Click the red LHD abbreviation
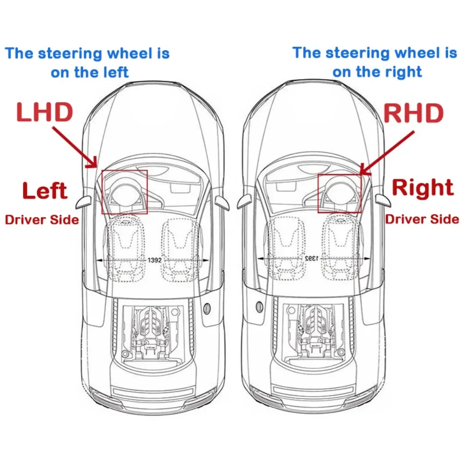pyautogui.click(x=45, y=113)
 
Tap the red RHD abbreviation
pyautogui.click(x=414, y=113)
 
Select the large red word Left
pyautogui.click(x=45, y=191)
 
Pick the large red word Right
pyautogui.click(x=423, y=188)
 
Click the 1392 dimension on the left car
pyautogui.click(x=154, y=260)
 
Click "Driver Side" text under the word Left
pyautogui.click(x=42, y=219)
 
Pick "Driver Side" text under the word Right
pyautogui.click(x=422, y=219)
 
